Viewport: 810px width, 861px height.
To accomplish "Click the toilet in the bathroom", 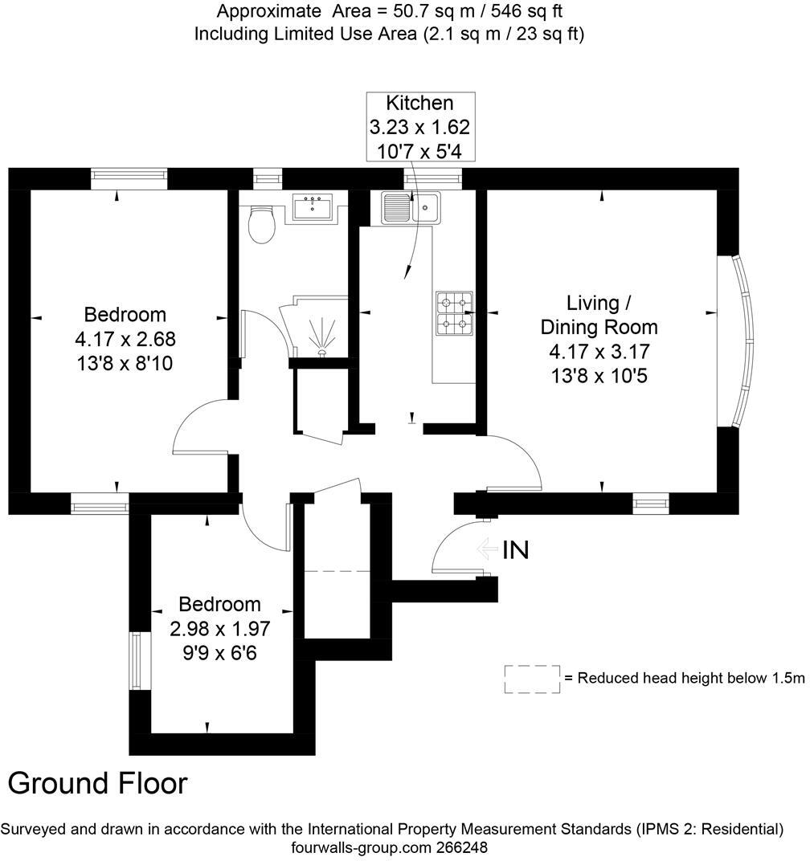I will coord(262,224).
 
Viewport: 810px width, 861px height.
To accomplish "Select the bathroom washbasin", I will coord(314,207).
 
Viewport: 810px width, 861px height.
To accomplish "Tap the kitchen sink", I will coord(410,208).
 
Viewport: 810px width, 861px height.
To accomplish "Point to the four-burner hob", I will coord(455,313).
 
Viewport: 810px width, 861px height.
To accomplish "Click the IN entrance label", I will coord(515,550).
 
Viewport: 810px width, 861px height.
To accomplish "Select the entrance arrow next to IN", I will coord(486,549).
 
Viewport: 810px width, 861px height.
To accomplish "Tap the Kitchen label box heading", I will coord(419,103).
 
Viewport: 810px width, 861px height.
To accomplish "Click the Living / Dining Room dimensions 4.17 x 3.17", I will coord(599,351).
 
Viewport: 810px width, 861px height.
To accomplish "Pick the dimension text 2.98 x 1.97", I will coord(219,628).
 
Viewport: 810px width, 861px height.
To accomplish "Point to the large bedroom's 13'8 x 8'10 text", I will coord(125,364).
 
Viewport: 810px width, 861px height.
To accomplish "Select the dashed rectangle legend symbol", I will coord(532,679).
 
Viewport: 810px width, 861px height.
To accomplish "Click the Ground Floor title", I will coord(98,783).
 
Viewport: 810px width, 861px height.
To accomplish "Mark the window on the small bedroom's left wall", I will coord(136,661).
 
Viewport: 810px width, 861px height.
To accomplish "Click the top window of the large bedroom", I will coord(129,178).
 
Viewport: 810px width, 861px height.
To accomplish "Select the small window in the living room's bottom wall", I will coord(650,504).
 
